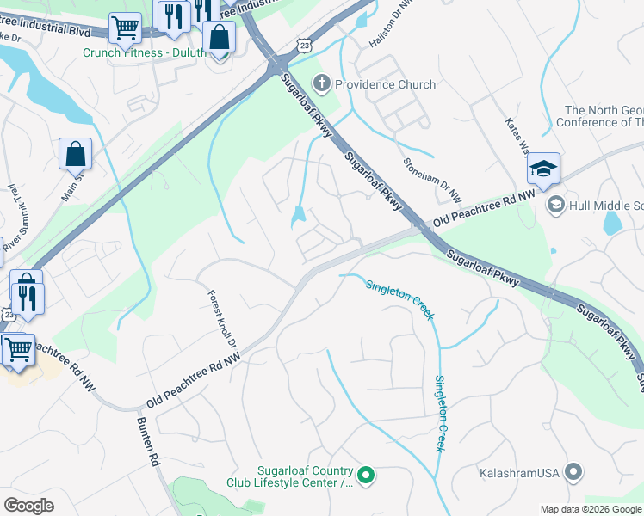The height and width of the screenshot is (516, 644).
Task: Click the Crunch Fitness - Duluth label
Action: (144, 52)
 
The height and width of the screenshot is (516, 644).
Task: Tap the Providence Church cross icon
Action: (322, 84)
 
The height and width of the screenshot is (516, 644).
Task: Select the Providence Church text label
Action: (385, 84)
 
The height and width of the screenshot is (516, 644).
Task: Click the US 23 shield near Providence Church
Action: (302, 44)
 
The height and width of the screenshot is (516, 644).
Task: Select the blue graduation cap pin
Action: (543, 169)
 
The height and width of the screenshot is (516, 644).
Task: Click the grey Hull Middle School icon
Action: (555, 204)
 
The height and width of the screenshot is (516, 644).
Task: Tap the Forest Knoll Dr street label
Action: (220, 319)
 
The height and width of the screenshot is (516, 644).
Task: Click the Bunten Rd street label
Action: (148, 442)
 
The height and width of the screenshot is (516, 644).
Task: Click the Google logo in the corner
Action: (29, 506)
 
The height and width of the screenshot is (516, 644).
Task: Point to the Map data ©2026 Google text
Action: (591, 509)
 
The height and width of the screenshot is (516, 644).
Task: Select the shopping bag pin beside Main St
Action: (75, 154)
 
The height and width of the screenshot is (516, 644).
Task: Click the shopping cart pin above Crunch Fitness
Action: (125, 28)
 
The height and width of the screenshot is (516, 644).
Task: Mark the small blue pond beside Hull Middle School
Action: (612, 223)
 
